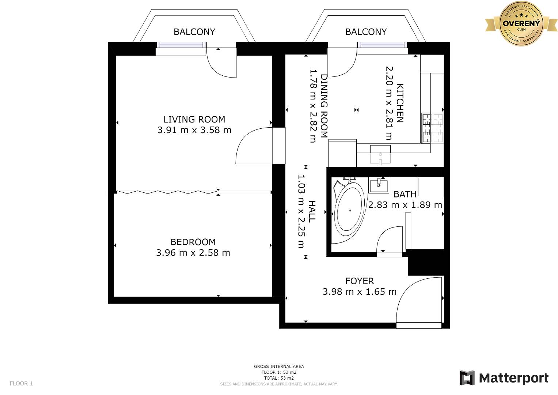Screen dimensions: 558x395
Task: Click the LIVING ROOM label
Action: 194,119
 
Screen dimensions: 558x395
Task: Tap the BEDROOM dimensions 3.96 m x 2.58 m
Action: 193,253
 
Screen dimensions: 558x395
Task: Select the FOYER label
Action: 360,281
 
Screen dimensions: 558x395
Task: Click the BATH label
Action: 405,194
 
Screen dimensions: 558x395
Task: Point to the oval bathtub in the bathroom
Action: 349,211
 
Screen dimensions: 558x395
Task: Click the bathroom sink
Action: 379,185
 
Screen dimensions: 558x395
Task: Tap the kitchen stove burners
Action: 432,128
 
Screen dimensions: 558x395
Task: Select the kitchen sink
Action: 380,155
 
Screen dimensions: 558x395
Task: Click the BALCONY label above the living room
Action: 194,32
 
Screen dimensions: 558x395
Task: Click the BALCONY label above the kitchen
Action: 366,32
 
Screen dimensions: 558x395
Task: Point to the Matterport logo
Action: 504,378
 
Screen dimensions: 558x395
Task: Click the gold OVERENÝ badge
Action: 521,23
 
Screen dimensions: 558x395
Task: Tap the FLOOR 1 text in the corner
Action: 21,383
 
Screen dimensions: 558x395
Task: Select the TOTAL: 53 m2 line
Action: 279,378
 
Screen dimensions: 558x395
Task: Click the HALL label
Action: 312,211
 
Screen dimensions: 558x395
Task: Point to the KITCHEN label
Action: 399,103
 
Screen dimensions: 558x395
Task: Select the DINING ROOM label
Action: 324,106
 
